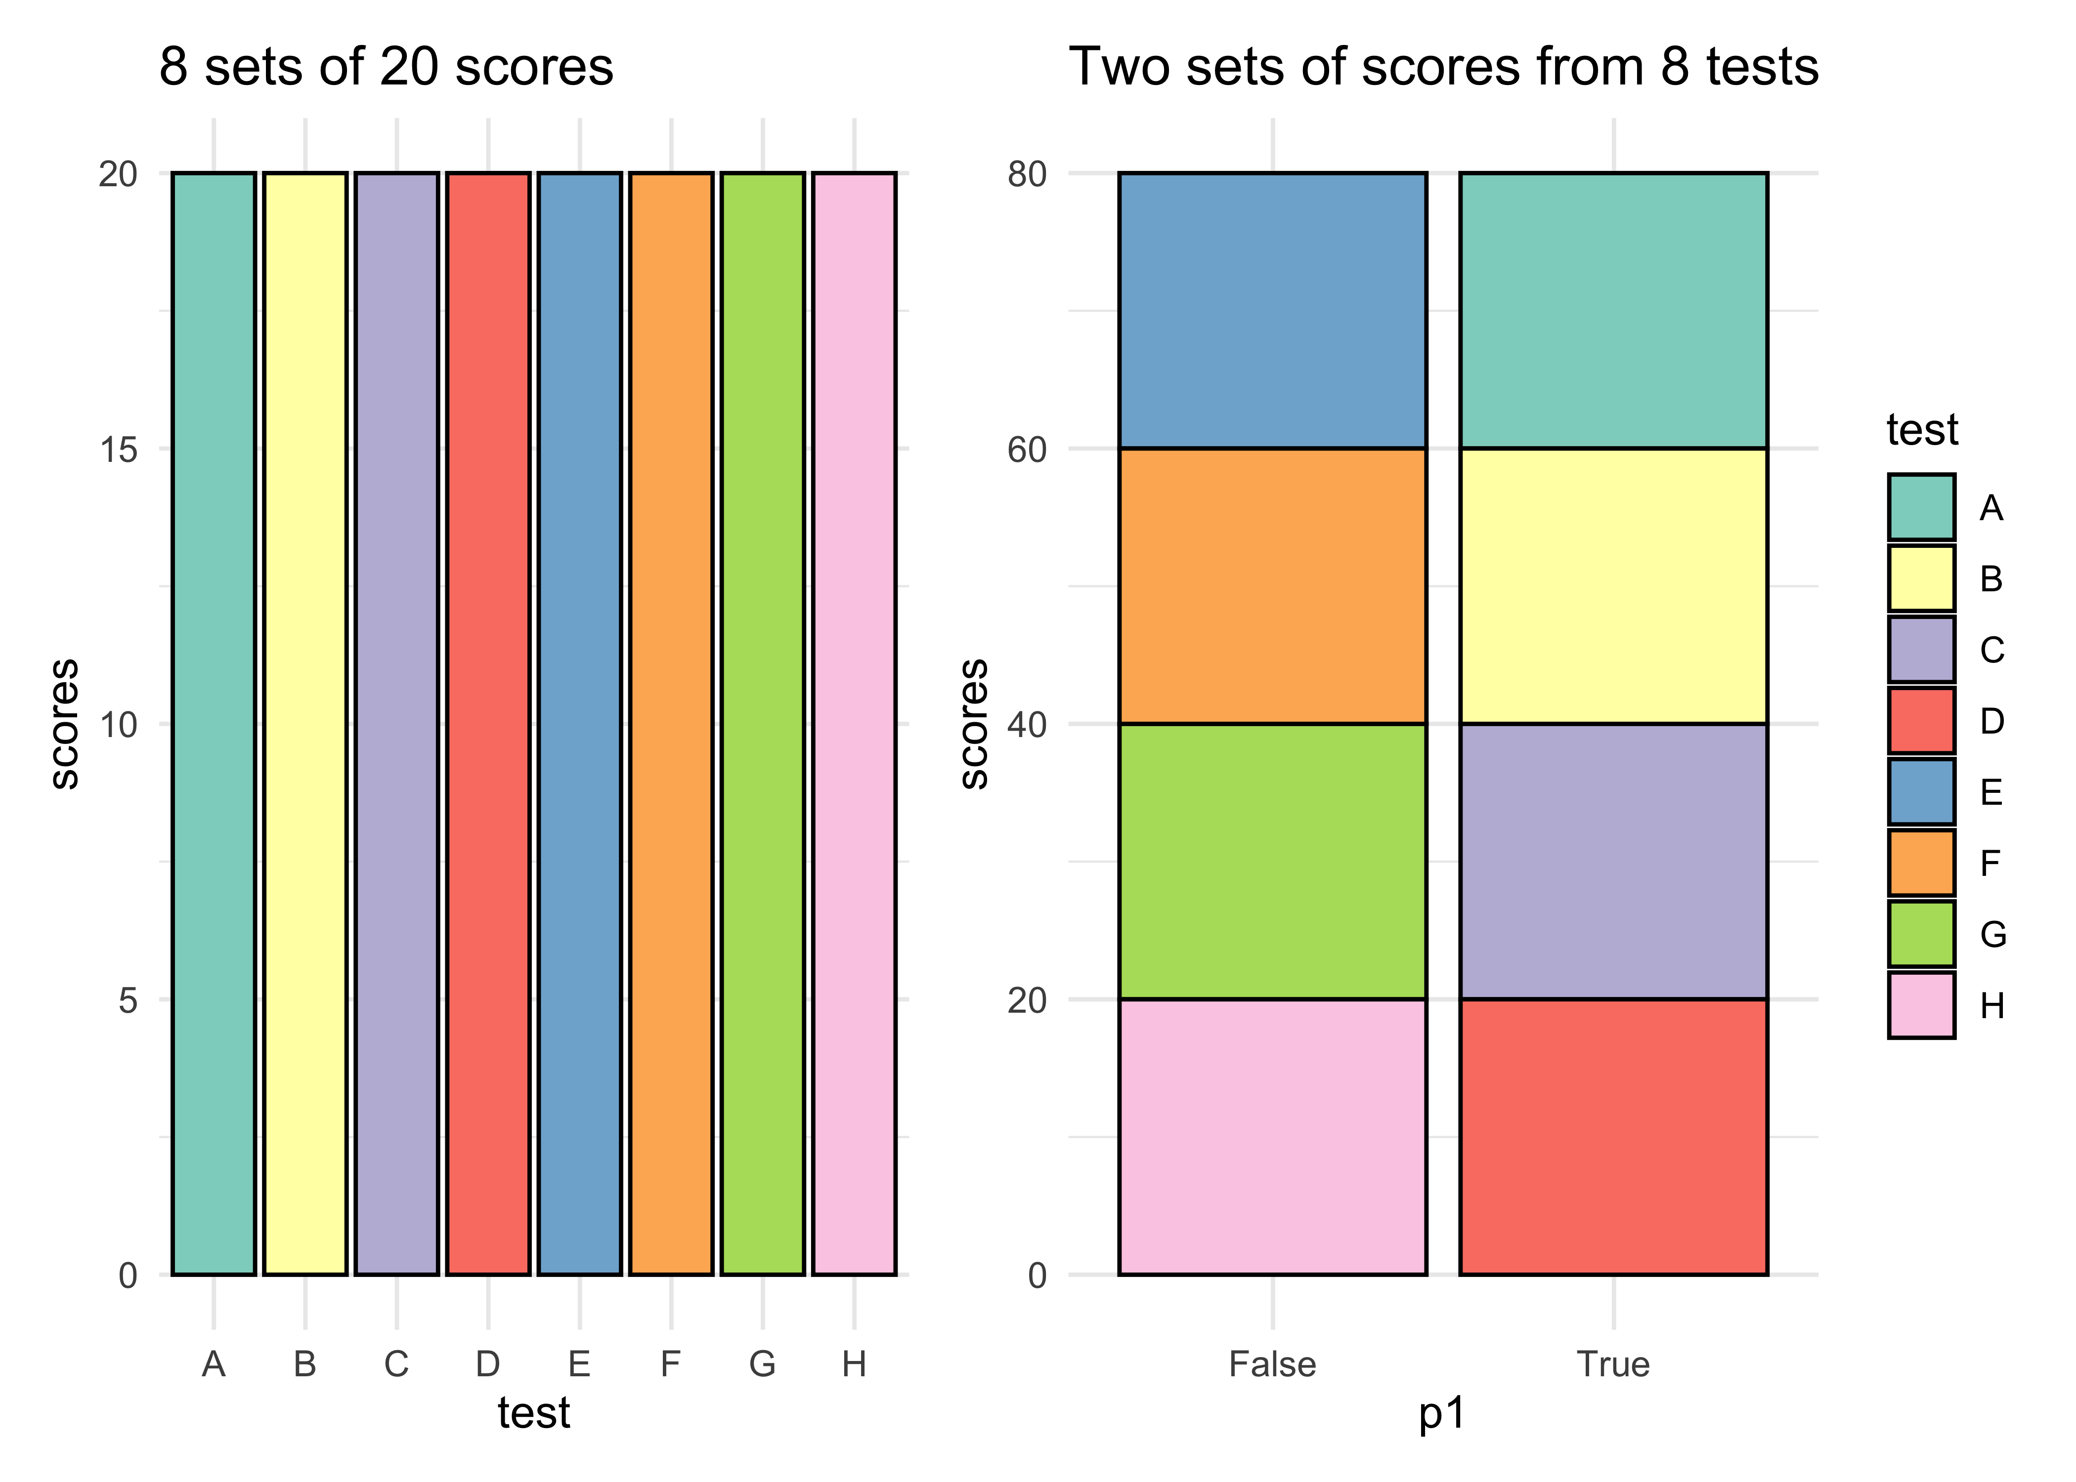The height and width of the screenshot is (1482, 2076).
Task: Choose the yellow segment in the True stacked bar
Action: (x=1613, y=586)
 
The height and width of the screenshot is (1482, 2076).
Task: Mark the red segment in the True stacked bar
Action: (x=1613, y=1136)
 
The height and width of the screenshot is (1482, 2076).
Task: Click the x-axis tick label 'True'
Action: (x=1613, y=1364)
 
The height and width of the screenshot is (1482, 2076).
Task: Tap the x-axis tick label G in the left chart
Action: (x=762, y=1364)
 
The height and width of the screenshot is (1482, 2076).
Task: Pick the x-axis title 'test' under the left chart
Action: (x=534, y=1413)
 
